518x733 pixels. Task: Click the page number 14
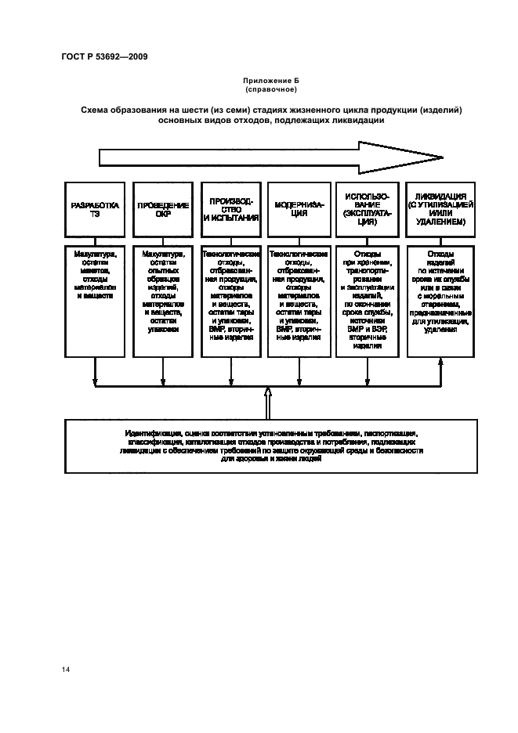pos(65,670)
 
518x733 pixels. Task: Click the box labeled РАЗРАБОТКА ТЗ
pos(95,209)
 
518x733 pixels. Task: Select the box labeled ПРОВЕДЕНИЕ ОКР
pos(163,209)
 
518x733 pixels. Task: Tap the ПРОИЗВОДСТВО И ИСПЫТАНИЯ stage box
pos(230,209)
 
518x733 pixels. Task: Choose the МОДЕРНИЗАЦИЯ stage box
pos(298,209)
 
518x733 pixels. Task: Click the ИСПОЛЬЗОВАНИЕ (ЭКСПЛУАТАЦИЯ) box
pos(365,209)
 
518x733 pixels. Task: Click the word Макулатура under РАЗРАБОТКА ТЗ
pos(95,254)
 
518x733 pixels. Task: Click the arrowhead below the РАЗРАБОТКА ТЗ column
pos(95,383)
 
